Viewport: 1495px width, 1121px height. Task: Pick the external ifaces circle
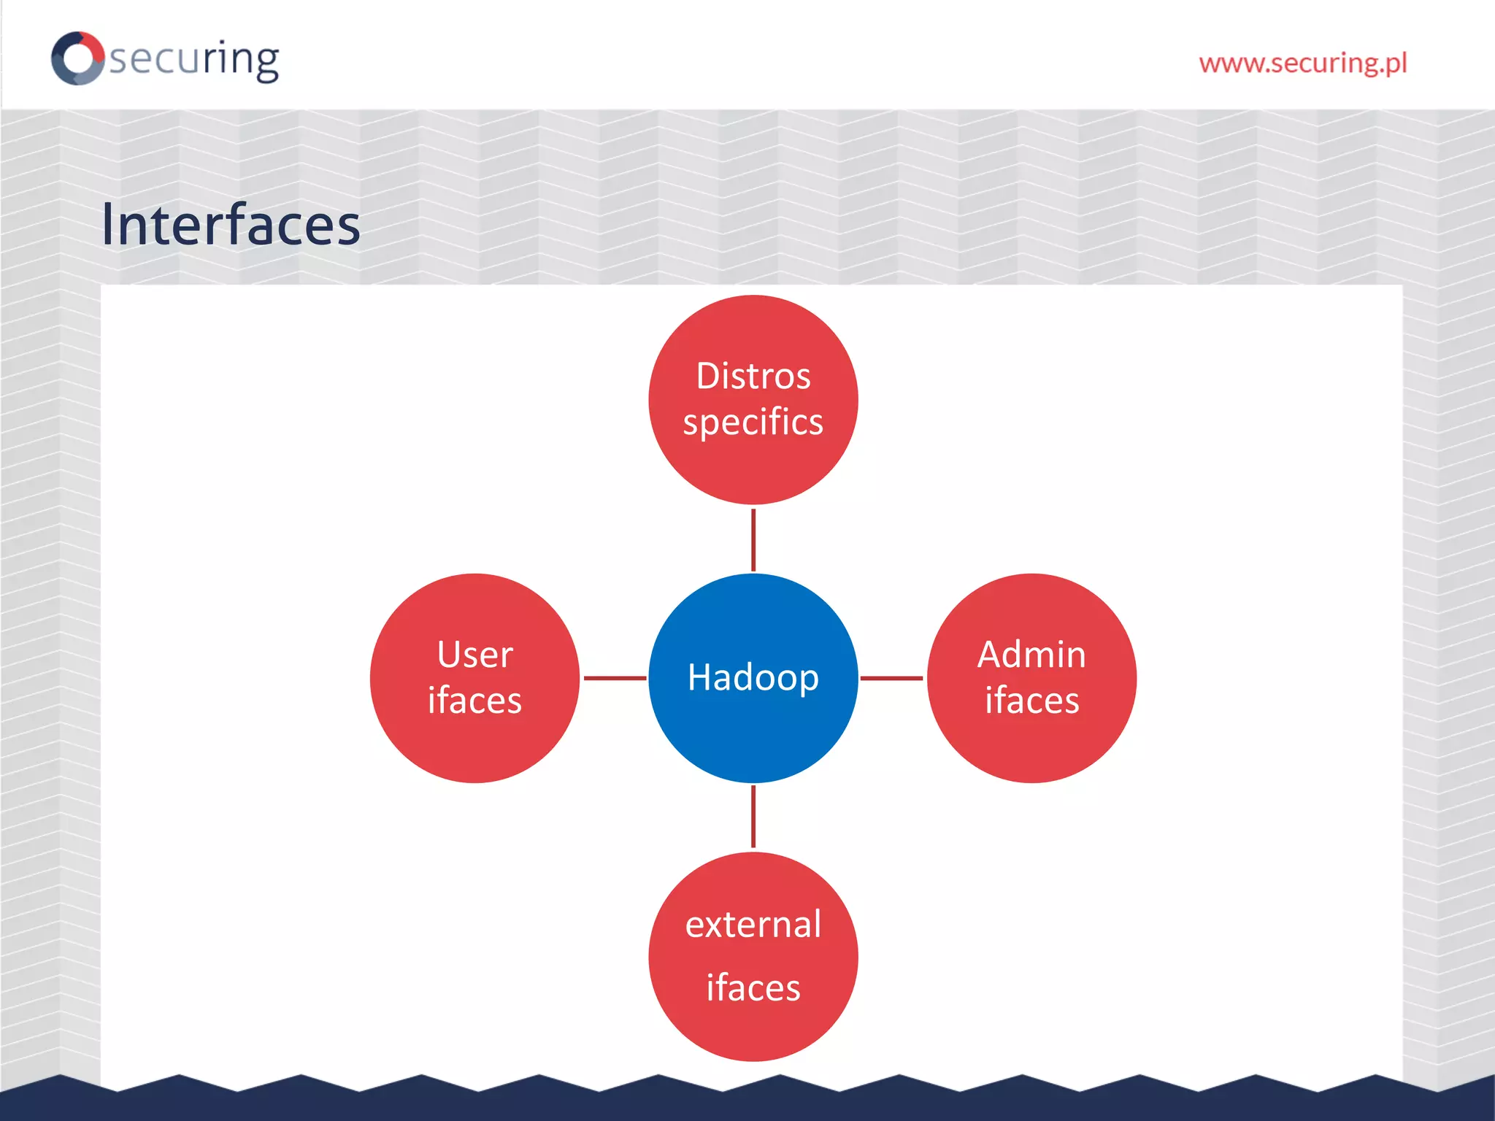point(753,1029)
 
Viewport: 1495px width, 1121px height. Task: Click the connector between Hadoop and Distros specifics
point(753,540)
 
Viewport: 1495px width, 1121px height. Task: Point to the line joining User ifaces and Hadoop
point(615,678)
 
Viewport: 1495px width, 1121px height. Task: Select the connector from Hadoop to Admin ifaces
point(891,678)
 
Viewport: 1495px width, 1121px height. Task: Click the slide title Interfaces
point(231,225)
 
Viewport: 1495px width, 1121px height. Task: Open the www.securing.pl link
point(1303,63)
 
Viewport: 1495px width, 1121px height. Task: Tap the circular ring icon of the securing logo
point(77,58)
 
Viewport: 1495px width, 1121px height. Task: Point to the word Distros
point(753,377)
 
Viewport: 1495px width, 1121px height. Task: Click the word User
point(475,655)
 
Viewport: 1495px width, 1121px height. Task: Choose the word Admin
point(1031,655)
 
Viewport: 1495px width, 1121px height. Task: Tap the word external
point(753,925)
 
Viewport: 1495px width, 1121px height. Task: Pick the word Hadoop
point(753,677)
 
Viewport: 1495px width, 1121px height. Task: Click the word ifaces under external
point(753,987)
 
